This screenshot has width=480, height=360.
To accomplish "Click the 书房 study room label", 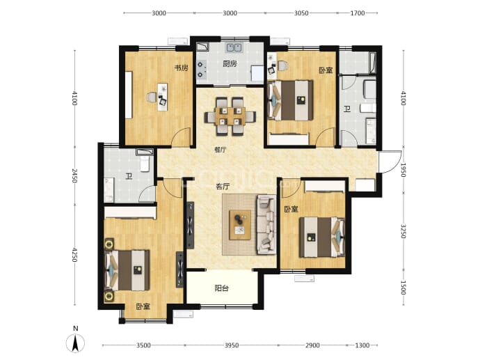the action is (x=182, y=68).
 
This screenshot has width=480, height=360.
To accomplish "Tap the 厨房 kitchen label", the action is (x=230, y=64).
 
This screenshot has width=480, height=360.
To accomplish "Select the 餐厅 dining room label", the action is (x=221, y=150).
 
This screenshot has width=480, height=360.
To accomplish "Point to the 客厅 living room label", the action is (x=223, y=187).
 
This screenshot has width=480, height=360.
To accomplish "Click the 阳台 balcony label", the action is (x=222, y=288).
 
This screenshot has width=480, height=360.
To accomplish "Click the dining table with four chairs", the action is (x=230, y=116).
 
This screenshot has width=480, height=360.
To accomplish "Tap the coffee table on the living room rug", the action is (x=240, y=225).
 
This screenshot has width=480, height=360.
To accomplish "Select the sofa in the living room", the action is (x=266, y=225).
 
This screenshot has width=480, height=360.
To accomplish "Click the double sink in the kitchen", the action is (x=234, y=48).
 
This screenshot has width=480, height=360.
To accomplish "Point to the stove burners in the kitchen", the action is (x=200, y=69).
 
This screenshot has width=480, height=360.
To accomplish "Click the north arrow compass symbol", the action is (x=75, y=343).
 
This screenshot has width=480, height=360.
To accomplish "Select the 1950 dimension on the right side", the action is (x=403, y=170).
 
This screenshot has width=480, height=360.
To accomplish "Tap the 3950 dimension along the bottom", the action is (x=232, y=345).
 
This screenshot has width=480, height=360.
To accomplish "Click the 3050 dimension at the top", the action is (x=301, y=13).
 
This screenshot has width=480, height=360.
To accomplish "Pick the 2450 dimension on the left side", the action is (x=74, y=175).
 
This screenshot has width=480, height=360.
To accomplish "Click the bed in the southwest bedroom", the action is (x=127, y=270).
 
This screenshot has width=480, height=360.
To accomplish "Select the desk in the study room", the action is (x=163, y=97).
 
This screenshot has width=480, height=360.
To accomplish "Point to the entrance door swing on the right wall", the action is (x=390, y=162).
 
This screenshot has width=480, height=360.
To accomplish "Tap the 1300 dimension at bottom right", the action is (x=362, y=345).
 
